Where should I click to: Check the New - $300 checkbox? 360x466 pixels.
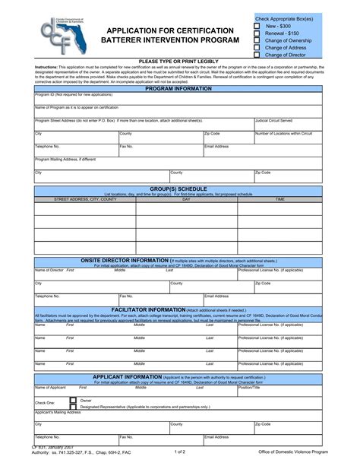coord(257,25)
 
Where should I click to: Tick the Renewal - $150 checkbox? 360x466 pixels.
coord(257,33)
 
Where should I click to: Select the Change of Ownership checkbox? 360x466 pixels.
coord(257,40)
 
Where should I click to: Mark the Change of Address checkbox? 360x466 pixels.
coord(257,47)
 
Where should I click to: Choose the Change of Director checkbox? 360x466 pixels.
coord(257,55)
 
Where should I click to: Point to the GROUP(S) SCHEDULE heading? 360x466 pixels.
coord(178,187)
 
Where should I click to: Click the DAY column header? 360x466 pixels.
coord(186,198)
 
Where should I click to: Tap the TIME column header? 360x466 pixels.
coord(280,198)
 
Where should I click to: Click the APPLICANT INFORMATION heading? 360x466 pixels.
coord(128,376)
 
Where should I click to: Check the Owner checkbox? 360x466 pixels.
coord(73,399)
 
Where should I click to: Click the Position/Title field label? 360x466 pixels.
coord(249,387)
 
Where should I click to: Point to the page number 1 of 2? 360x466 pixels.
coord(180,452)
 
